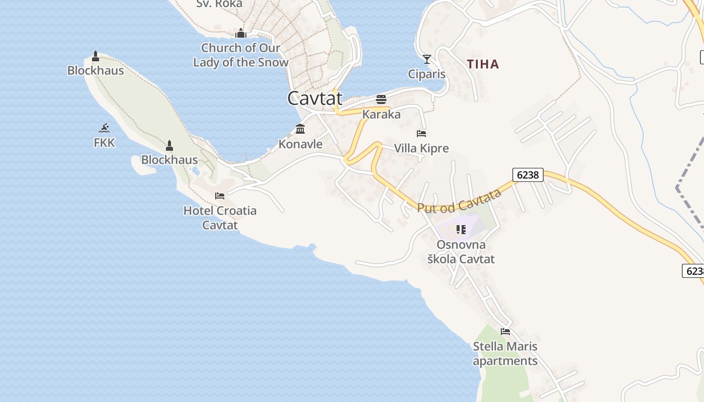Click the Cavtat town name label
315,98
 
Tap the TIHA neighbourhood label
483,64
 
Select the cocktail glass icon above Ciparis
427,59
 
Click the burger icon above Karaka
381,99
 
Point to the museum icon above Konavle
300,129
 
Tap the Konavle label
300,144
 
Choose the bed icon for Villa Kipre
421,134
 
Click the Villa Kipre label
421,148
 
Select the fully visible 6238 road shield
528,174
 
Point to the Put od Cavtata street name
460,201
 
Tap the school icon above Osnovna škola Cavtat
461,230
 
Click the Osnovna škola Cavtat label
461,252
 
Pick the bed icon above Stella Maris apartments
505,331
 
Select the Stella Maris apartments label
505,354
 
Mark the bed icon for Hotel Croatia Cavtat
220,195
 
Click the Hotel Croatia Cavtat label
220,218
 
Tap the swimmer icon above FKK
104,128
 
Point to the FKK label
104,143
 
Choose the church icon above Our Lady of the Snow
241,33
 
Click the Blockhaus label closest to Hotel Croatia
169,160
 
